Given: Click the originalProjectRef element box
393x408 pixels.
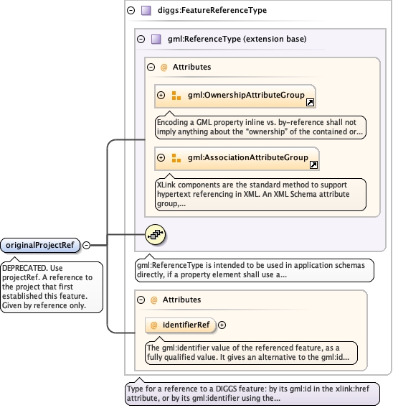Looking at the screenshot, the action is (x=40, y=245).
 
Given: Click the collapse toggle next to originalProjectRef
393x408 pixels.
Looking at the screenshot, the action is (x=86, y=245).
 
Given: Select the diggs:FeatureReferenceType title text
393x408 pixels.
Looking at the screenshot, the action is (x=212, y=10).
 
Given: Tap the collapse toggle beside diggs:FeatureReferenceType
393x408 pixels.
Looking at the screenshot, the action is (x=131, y=10).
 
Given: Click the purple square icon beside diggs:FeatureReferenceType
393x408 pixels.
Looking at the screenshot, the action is (x=146, y=11).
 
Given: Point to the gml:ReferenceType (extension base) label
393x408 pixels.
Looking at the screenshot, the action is (x=237, y=39).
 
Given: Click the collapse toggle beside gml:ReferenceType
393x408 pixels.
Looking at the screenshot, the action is (x=141, y=40).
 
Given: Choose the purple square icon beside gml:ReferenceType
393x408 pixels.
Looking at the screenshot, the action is (x=156, y=40).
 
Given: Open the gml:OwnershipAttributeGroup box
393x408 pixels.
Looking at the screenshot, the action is (x=235, y=96).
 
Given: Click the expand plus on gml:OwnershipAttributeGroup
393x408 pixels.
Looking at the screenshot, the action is (x=161, y=96).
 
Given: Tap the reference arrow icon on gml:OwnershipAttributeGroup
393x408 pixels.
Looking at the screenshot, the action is (x=310, y=103).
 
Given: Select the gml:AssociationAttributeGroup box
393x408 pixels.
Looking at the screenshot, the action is (x=237, y=159).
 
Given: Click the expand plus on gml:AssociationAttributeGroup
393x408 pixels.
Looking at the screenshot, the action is (x=161, y=158).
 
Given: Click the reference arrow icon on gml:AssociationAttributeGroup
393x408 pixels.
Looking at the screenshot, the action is (x=313, y=164).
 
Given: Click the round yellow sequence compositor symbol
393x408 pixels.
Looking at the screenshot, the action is (x=155, y=234).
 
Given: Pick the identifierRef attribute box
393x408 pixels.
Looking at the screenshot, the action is (x=181, y=325).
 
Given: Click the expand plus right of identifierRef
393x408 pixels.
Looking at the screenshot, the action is (x=222, y=325).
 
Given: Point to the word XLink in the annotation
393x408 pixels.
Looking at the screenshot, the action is (x=166, y=185).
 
